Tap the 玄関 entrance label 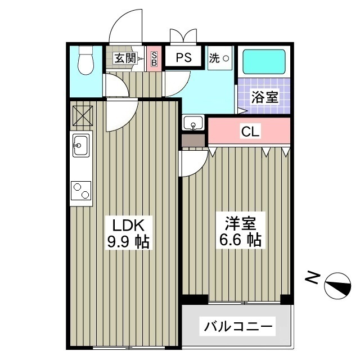pos(125,57)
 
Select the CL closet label pos(250,132)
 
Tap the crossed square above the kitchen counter pos(80,115)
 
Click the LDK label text pos(129,226)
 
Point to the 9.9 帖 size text pos(129,243)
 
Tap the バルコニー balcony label pos(238,326)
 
